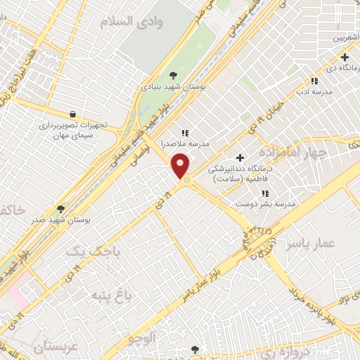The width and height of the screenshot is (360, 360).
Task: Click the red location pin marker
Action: tap(181, 166)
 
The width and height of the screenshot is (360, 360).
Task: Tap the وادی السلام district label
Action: tap(137, 22)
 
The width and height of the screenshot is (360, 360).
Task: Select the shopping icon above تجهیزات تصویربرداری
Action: tap(73, 113)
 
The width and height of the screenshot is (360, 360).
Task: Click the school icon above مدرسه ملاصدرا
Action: tap(186, 132)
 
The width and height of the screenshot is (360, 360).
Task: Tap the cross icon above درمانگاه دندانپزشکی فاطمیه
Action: tap(240, 156)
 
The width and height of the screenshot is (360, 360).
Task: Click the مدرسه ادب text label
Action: tap(312, 91)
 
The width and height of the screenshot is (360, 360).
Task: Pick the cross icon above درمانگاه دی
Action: tap(345, 57)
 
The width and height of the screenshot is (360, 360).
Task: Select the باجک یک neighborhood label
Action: tap(94, 250)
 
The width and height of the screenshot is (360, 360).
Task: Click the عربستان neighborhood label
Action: tap(44, 346)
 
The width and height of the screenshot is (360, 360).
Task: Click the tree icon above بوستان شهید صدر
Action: tap(61, 209)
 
